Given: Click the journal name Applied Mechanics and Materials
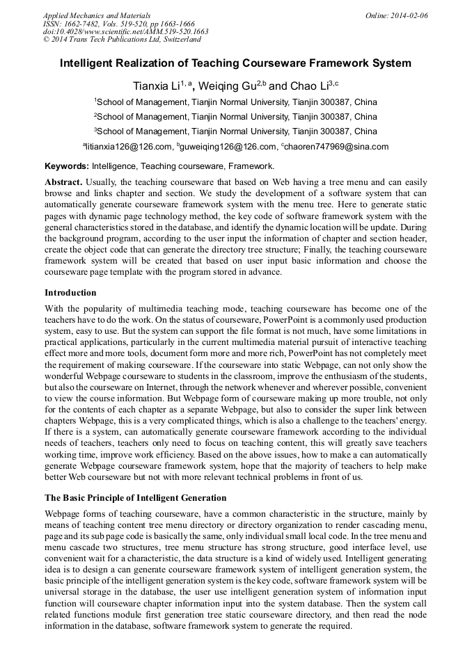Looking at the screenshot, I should click(x=97, y=15).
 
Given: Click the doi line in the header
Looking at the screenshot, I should click(x=125, y=31).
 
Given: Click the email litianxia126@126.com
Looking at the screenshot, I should click(x=129, y=147).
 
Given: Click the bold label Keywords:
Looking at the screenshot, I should click(x=67, y=166).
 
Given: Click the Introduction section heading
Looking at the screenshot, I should click(x=70, y=292).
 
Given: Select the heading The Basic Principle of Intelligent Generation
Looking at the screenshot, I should click(x=136, y=498).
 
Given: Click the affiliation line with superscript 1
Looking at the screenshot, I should click(x=235, y=102).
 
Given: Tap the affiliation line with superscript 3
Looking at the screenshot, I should click(x=235, y=131).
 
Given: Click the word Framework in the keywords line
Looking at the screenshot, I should click(x=252, y=166).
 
